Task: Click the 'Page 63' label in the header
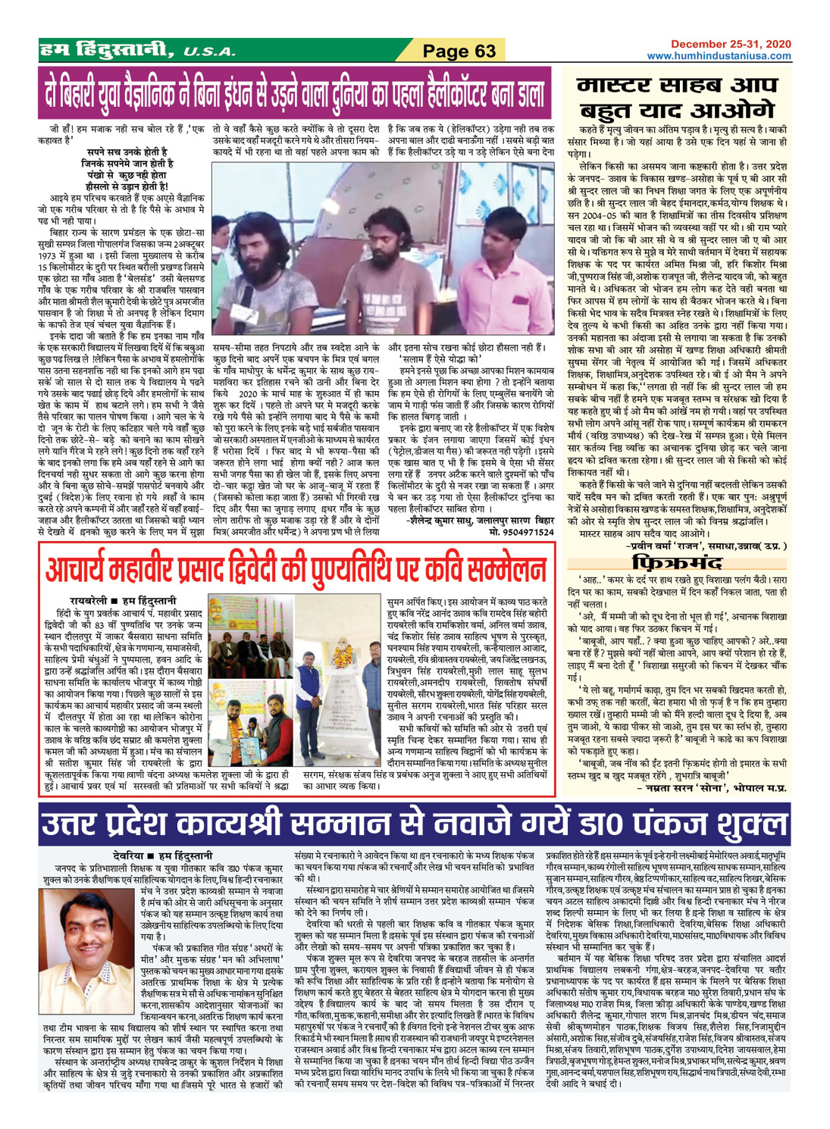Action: click(x=459, y=51)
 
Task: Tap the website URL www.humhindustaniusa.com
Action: click(x=719, y=56)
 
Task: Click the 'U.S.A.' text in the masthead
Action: click(x=209, y=52)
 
